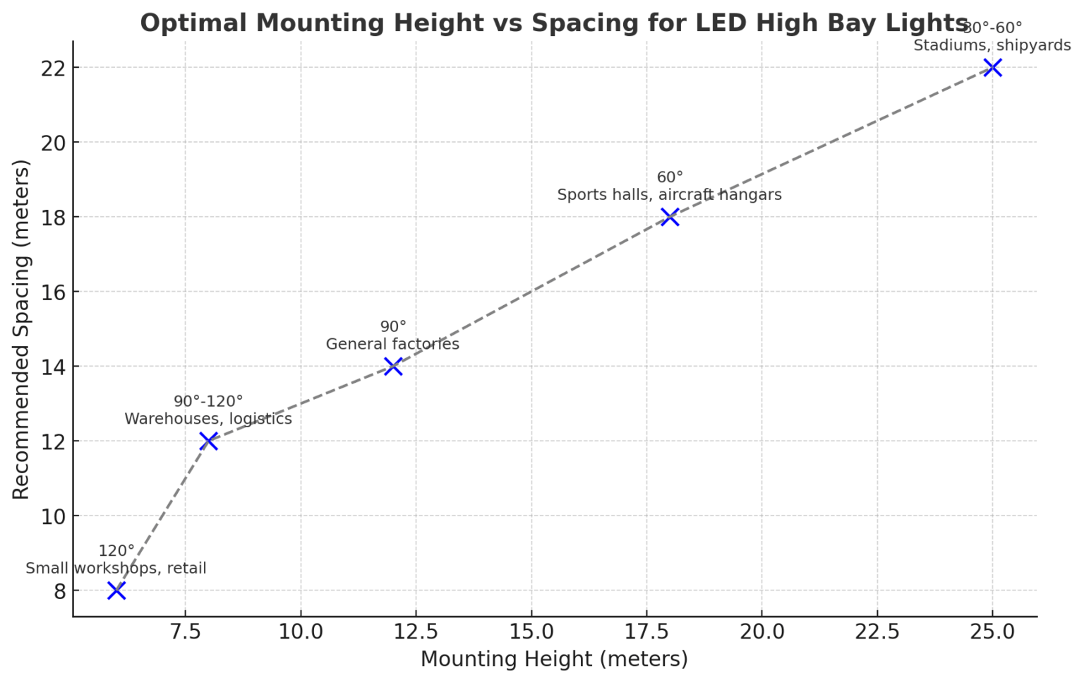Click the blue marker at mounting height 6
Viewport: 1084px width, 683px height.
tap(116, 590)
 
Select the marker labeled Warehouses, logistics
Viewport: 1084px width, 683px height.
tap(208, 441)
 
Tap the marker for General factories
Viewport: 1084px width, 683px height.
tap(393, 367)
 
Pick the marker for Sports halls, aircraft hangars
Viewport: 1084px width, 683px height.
tap(670, 217)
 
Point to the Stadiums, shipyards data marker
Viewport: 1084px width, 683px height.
tap(992, 68)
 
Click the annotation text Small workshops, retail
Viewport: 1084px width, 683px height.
tap(116, 569)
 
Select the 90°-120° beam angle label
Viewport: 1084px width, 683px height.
tap(208, 401)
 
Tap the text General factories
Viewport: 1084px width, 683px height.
tap(392, 344)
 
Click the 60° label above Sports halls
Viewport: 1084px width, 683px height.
tap(670, 177)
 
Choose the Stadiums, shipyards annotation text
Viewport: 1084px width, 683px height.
tap(992, 46)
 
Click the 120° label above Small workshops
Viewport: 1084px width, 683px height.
tap(116, 551)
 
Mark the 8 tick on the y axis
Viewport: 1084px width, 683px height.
tap(60, 590)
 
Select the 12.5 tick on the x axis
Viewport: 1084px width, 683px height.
tap(416, 631)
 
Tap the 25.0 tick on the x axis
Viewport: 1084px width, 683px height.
tap(992, 631)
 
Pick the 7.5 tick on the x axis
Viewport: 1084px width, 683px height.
tap(185, 631)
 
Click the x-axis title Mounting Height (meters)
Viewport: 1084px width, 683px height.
tap(554, 659)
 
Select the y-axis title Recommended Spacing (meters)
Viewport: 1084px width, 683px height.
tap(21, 329)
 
